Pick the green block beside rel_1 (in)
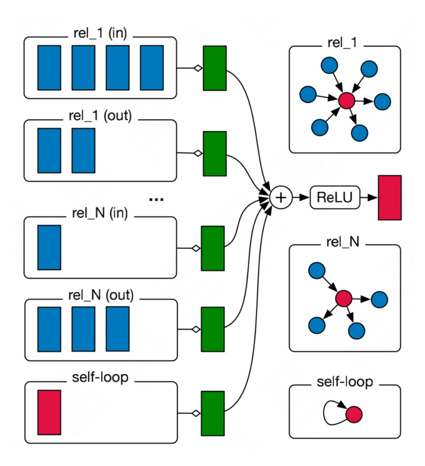pyautogui.click(x=215, y=68)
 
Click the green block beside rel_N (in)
pyautogui.click(x=212, y=248)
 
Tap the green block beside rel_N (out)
pyautogui.click(x=212, y=329)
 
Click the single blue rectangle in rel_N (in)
pyautogui.click(x=49, y=247)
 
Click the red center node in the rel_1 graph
pyautogui.click(x=346, y=100)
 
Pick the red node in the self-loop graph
pyautogui.click(x=354, y=413)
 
